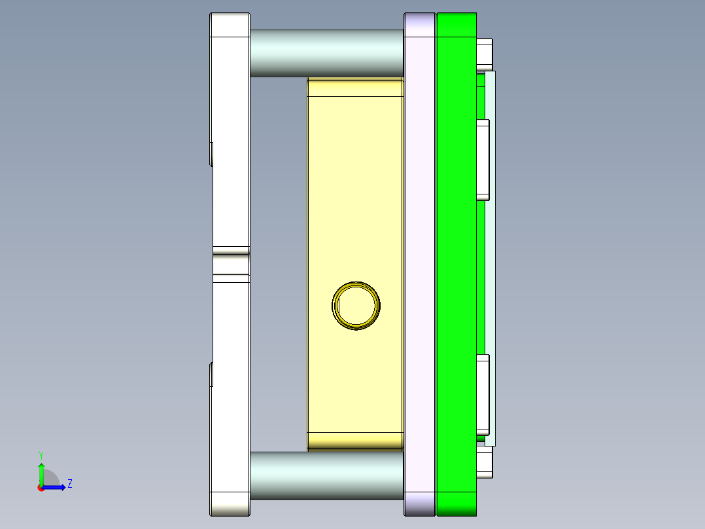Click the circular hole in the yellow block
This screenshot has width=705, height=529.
point(356,305)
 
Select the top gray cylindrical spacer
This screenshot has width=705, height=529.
point(326,52)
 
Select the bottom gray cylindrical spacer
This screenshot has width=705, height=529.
point(326,475)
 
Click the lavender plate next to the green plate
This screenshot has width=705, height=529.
point(419,262)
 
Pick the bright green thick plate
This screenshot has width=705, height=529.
point(456,262)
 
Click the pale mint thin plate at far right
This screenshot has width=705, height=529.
point(490,262)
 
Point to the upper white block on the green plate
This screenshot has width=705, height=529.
point(483,160)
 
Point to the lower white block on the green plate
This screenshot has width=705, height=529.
point(483,394)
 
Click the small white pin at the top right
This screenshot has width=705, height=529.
point(485,54)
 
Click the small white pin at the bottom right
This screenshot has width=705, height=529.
point(485,462)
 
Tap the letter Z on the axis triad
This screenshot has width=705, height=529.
point(70,484)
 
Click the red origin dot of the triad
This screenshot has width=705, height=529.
point(41,487)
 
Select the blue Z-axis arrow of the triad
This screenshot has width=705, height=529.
point(56,487)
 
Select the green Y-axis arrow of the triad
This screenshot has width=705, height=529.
point(41,473)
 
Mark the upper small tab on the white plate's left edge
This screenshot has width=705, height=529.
point(212,154)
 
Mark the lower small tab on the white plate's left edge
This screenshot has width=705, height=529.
point(212,374)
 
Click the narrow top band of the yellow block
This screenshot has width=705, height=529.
point(355,87)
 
